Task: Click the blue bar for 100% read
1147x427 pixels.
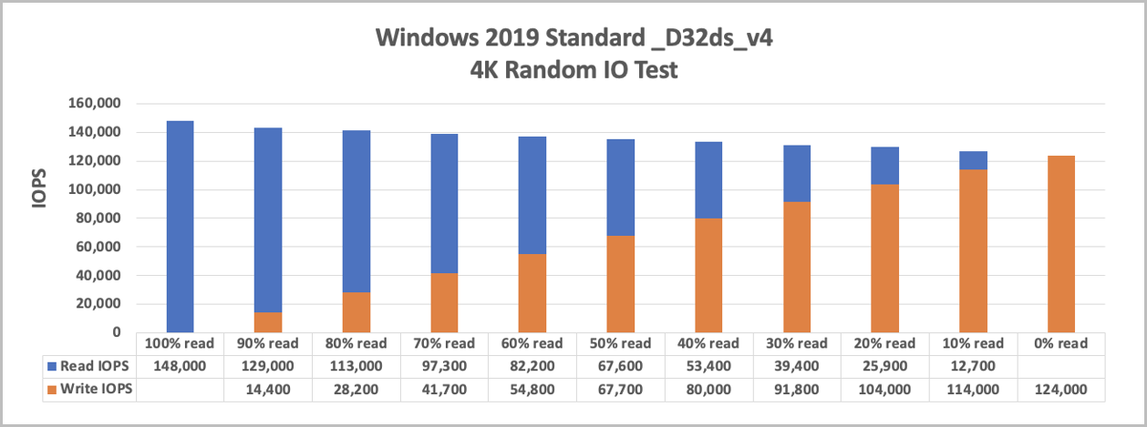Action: point(180,227)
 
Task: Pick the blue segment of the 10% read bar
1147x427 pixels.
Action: point(973,160)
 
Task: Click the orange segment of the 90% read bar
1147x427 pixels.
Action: point(268,322)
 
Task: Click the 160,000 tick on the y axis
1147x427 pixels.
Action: point(95,104)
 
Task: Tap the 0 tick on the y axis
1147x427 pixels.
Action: point(116,332)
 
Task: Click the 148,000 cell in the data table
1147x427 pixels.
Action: point(180,366)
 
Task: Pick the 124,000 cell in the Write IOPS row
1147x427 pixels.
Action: point(1061,389)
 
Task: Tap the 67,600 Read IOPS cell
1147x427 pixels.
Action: point(621,366)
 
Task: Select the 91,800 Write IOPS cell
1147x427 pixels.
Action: point(797,389)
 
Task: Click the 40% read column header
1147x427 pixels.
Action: point(708,344)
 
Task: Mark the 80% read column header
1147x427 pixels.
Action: point(356,344)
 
